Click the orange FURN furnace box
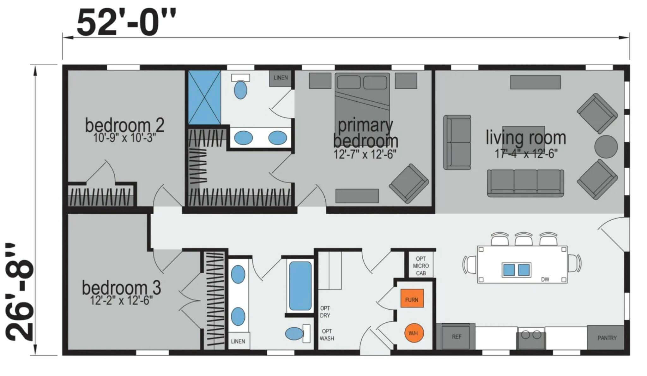412,298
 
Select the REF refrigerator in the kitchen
456,337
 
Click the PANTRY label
607,338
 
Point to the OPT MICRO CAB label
421,266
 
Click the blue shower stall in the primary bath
204,97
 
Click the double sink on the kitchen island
517,270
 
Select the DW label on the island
545,279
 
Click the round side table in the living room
606,147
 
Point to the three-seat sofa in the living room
525,183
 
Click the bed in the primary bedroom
362,100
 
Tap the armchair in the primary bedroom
409,183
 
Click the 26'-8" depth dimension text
20,292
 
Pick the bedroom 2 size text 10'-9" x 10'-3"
124,138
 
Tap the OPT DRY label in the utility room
325,312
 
